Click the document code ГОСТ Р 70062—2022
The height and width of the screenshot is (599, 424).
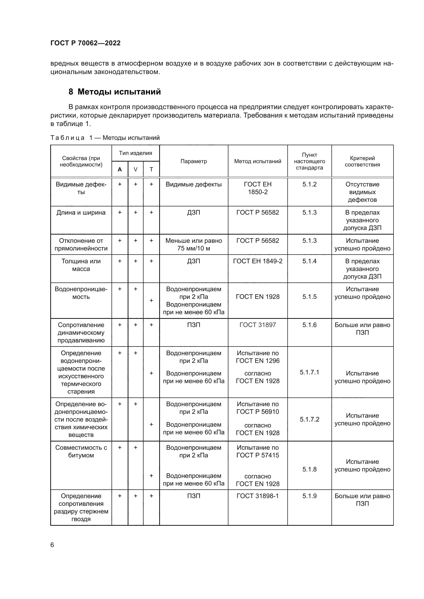85,43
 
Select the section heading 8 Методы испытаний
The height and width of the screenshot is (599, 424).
115,92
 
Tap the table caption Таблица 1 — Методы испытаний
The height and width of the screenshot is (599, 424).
105,138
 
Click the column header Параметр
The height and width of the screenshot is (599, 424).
194,161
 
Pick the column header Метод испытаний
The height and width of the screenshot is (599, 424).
257,161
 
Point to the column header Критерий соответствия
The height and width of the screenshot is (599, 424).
362,161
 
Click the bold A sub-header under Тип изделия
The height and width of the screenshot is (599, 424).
120,170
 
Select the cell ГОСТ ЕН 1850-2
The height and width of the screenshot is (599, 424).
257,188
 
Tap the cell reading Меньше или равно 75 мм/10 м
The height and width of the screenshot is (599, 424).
194,245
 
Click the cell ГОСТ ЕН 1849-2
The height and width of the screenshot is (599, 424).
257,261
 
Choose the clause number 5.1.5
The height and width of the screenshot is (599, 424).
309,297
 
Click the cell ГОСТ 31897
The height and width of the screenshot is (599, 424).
257,325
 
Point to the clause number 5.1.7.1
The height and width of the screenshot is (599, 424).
309,372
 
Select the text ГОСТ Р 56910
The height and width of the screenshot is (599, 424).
257,412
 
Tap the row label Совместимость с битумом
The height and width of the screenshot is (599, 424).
81,451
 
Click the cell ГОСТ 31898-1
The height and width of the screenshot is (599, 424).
257,496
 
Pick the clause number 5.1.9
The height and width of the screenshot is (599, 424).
309,496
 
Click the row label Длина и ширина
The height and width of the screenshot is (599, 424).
81,213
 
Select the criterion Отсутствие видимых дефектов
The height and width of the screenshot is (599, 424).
362,192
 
